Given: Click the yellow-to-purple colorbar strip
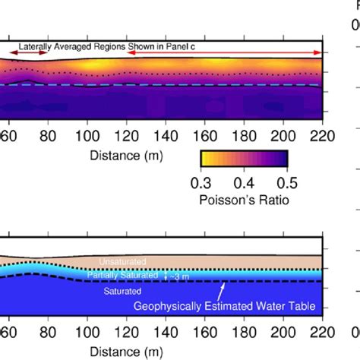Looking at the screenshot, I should pos(244,158).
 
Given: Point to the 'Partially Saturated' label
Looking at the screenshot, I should pos(122,274).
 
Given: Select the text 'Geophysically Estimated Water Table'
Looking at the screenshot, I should pos(225,307).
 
